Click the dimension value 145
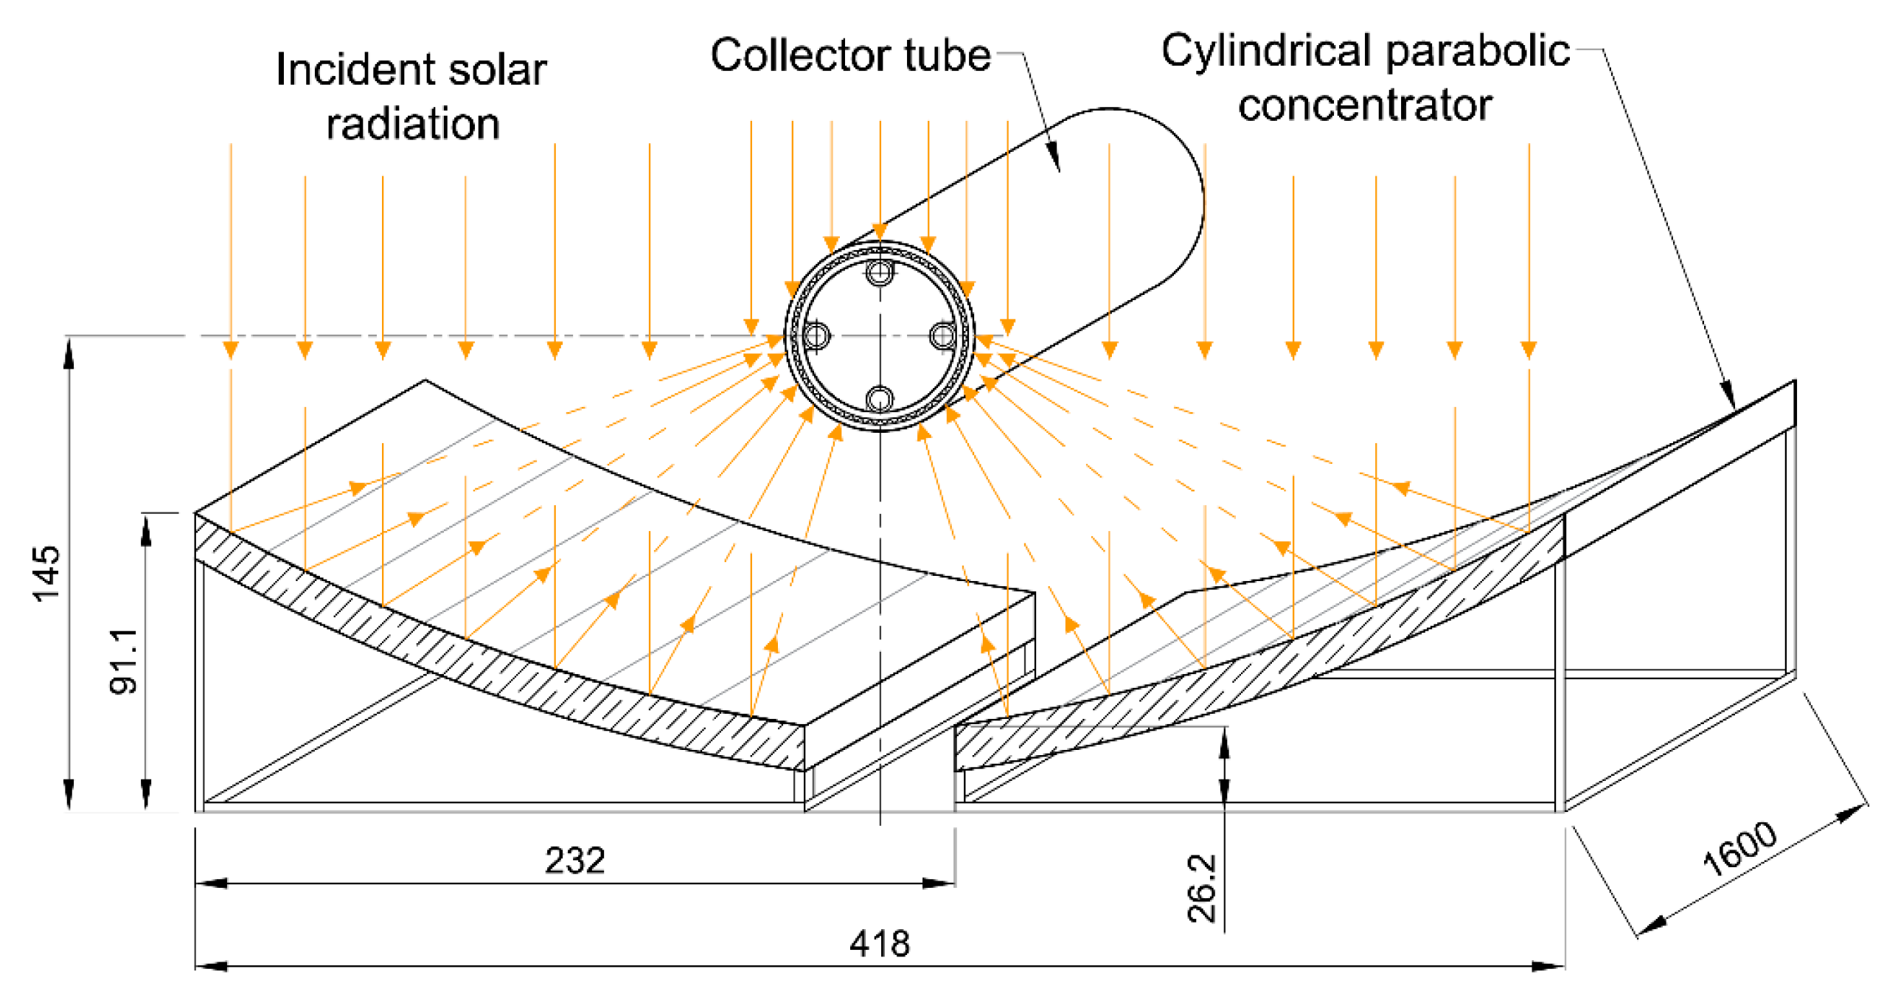click(x=46, y=573)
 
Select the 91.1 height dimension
click(x=122, y=661)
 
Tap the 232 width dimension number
click(x=575, y=860)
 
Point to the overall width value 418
click(x=880, y=943)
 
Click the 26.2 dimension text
click(x=1202, y=888)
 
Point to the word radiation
click(x=413, y=123)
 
